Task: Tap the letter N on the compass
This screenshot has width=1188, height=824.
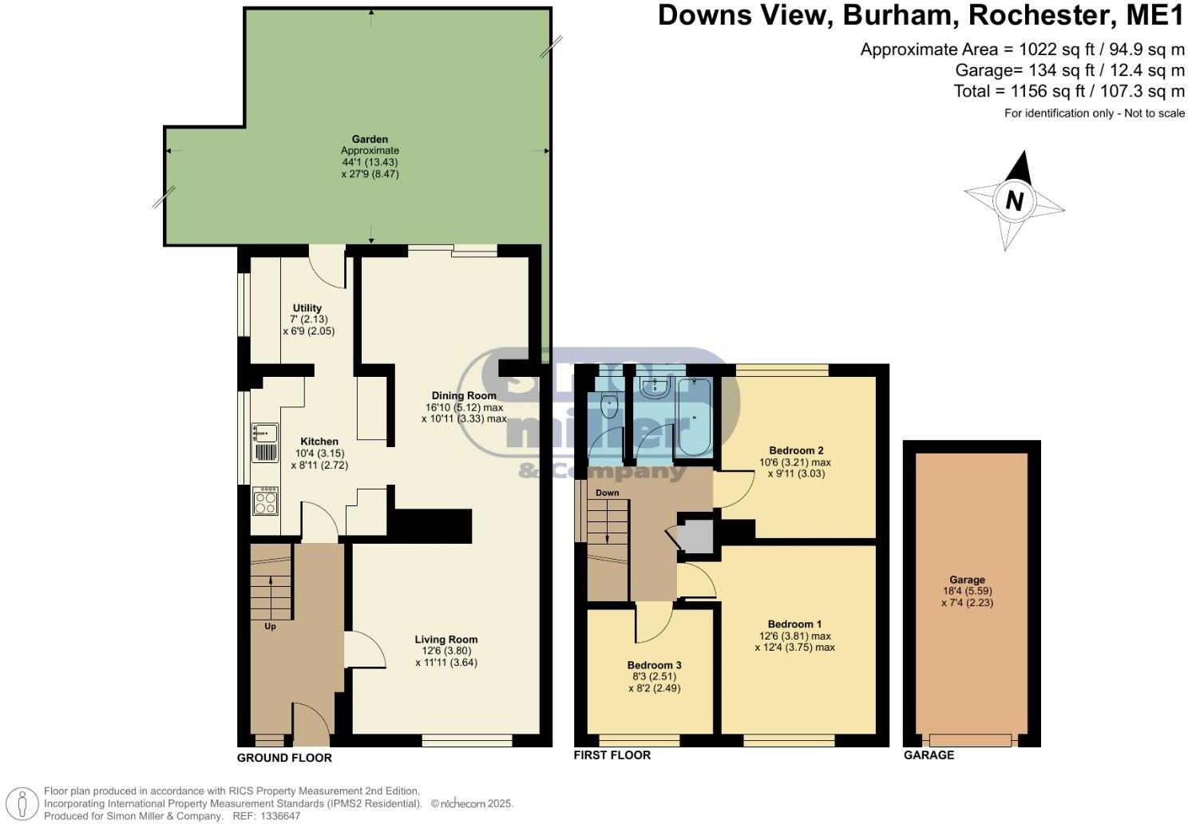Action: [1014, 200]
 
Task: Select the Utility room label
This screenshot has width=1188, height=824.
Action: [307, 308]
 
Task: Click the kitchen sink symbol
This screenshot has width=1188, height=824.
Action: [265, 433]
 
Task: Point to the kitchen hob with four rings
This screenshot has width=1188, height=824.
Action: [265, 501]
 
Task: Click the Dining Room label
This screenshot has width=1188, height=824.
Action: [464, 395]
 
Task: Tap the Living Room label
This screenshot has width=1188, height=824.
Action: [446, 639]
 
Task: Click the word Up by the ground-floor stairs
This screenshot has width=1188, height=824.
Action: [270, 627]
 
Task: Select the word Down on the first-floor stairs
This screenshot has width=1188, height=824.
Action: [607, 493]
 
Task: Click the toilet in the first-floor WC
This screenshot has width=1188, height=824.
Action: [610, 406]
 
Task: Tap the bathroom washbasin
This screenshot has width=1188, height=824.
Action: [654, 388]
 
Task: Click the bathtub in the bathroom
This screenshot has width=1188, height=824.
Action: [694, 415]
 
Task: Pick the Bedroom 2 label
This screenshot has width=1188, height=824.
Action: [796, 450]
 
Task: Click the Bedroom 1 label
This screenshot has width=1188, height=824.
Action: [794, 624]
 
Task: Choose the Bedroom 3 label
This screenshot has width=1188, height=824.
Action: [654, 665]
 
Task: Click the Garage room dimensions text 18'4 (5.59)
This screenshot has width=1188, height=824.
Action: [967, 592]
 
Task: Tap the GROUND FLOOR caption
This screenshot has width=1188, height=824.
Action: [284, 758]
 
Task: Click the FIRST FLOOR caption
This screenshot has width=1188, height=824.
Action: [612, 755]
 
